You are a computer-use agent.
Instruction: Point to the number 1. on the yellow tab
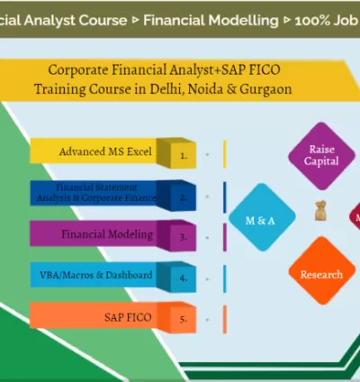183,155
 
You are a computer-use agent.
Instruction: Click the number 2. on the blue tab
183,196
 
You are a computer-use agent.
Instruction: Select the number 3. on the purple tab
183,238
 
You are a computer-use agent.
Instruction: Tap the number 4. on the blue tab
183,278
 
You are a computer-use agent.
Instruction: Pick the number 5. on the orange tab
183,319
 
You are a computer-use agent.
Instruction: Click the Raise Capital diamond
321,155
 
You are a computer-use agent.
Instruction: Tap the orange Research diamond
321,274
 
